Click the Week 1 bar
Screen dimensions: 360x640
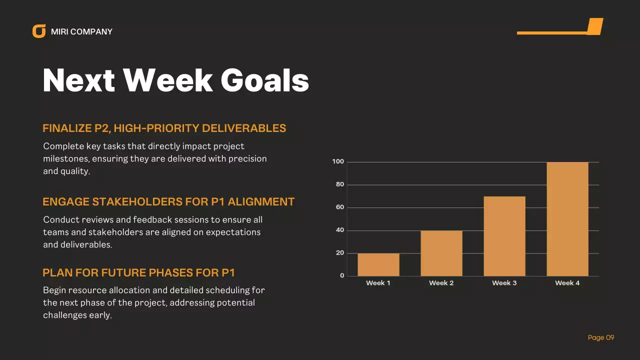[x=378, y=264]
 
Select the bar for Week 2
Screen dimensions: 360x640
[x=441, y=253]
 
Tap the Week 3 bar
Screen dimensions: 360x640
[x=504, y=236]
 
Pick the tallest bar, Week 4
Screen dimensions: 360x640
[x=567, y=219]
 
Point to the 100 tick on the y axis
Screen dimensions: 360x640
[x=338, y=161]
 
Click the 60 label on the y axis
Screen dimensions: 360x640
[x=340, y=207]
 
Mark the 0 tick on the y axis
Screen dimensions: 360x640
[x=342, y=276]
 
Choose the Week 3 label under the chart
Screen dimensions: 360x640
[x=504, y=283]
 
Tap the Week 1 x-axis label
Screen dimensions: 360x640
[x=378, y=283]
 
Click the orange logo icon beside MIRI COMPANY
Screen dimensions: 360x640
[x=39, y=31]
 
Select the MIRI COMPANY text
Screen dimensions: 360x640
[x=81, y=31]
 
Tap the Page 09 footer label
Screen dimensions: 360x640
[x=601, y=337]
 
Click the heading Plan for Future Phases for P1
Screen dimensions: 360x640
[x=139, y=272]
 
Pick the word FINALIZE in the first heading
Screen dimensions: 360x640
[x=66, y=128]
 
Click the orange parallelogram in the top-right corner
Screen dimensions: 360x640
[x=594, y=26]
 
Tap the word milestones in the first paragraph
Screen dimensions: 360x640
[x=64, y=158]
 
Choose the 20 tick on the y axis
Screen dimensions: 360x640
[x=340, y=253]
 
